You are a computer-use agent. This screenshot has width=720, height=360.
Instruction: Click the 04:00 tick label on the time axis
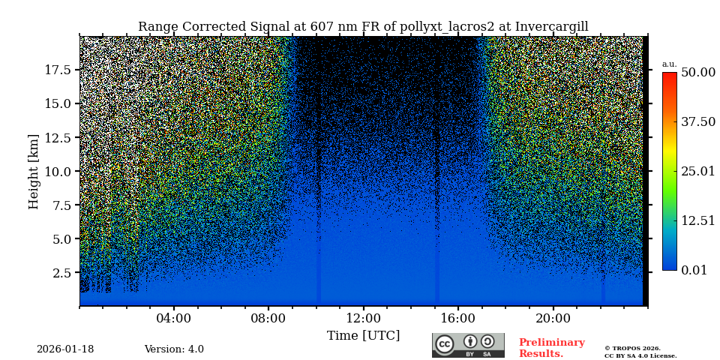click(x=173, y=318)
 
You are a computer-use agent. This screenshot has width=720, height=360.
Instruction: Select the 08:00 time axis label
click(x=268, y=318)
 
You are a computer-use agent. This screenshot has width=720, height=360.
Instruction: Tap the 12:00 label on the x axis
click(x=363, y=318)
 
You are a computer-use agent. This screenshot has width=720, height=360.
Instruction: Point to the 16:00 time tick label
click(x=458, y=318)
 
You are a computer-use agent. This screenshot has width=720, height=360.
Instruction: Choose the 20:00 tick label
click(x=553, y=318)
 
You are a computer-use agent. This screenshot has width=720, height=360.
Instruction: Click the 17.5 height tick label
click(x=58, y=70)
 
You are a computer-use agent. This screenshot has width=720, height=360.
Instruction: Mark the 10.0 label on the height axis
click(x=58, y=171)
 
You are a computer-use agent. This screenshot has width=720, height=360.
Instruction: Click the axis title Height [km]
click(x=34, y=171)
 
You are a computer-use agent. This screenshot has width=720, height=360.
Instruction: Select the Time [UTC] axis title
click(x=363, y=335)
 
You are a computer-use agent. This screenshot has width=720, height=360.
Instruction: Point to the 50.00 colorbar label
click(x=697, y=72)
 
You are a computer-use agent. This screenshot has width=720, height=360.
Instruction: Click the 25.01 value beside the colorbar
click(x=697, y=171)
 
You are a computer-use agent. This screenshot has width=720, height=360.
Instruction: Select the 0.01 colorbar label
click(x=694, y=270)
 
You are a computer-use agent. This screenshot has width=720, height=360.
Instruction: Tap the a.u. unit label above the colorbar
click(x=669, y=64)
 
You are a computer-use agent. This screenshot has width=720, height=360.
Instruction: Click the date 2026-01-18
click(x=65, y=349)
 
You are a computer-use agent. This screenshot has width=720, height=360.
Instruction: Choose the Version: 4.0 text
click(x=174, y=349)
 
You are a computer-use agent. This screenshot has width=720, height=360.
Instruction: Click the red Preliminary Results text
click(x=551, y=348)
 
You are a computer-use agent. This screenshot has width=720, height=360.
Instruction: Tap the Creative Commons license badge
click(x=468, y=345)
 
